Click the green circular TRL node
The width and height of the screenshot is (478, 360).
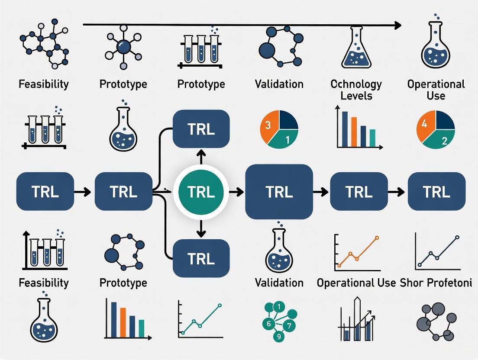[201, 191]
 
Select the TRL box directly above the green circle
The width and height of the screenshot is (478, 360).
[201, 129]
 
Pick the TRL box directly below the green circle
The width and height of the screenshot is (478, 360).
[201, 258]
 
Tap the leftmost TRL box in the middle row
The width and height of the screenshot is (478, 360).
[45, 191]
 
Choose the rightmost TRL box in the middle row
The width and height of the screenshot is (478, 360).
[436, 191]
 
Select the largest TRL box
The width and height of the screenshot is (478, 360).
[279, 191]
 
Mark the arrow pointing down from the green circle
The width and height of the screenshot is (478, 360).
[200, 230]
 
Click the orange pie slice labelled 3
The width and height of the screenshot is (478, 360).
[268, 127]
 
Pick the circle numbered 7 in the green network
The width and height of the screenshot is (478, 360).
[290, 324]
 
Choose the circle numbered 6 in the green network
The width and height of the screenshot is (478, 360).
[268, 323]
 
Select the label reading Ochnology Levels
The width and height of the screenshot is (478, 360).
[356, 89]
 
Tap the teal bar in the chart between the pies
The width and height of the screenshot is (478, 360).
[372, 138]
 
